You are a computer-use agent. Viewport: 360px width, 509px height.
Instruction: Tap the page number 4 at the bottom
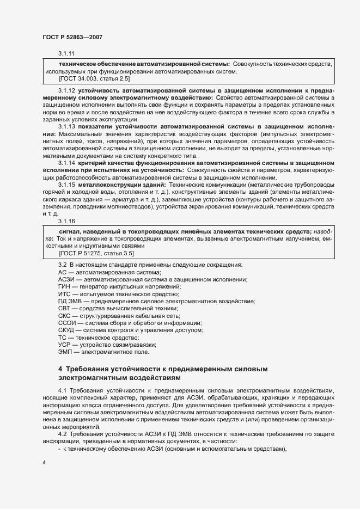point(44,463)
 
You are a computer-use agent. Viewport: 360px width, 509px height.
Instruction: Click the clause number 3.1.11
point(66,54)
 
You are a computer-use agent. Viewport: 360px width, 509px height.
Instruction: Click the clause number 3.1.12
point(66,89)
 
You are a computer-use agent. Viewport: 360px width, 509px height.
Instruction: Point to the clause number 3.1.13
point(66,126)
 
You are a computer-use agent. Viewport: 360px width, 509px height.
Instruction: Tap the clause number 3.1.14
point(66,163)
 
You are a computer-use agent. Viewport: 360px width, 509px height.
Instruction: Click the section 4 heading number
point(60,369)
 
